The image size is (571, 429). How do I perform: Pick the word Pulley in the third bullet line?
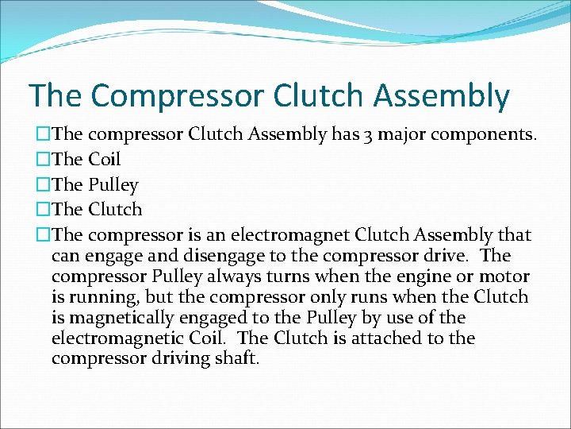point(113,185)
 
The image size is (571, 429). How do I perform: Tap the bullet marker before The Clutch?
point(43,211)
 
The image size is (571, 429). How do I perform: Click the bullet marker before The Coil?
point(43,160)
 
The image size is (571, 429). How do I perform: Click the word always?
point(220,276)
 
